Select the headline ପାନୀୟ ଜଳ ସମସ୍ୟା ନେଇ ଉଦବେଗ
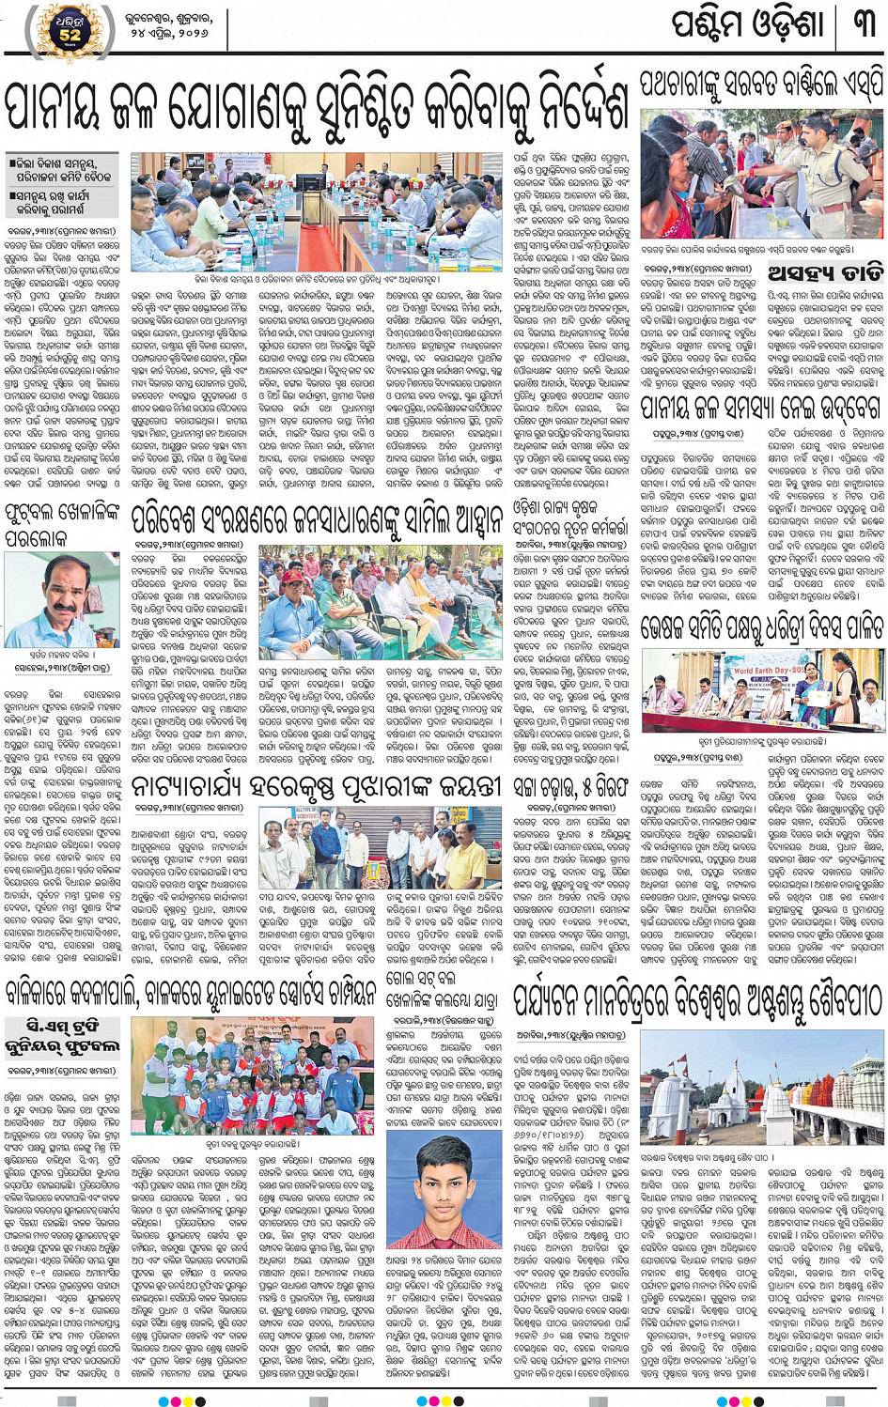click(x=761, y=407)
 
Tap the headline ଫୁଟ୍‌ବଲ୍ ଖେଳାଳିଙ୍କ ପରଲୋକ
click(x=62, y=524)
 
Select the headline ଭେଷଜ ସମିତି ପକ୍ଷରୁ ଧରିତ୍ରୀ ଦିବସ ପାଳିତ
click(x=761, y=626)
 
